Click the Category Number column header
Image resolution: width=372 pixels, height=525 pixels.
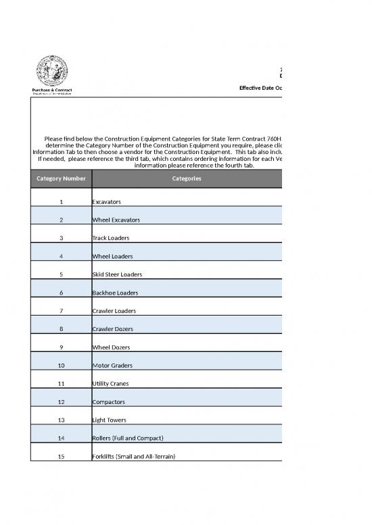pyautogui.click(x=61, y=178)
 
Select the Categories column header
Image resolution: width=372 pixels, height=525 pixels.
pyautogui.click(x=186, y=178)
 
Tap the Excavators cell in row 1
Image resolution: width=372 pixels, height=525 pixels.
pyautogui.click(x=106, y=202)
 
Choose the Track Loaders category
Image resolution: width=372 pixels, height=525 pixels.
pyautogui.click(x=110, y=239)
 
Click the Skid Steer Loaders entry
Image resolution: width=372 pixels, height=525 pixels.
pyautogui.click(x=117, y=275)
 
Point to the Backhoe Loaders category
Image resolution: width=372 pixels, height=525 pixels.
pyautogui.click(x=115, y=293)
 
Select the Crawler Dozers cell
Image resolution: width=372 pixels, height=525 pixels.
pyautogui.click(x=112, y=329)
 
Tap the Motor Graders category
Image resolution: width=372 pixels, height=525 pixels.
pyautogui.click(x=112, y=366)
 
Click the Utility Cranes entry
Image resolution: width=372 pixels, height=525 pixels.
pyautogui.click(x=110, y=384)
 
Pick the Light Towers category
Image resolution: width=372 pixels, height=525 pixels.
pyautogui.click(x=109, y=420)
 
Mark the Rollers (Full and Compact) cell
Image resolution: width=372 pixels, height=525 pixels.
pyautogui.click(x=128, y=439)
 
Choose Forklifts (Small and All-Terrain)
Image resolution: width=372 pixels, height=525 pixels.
pyautogui.click(x=133, y=457)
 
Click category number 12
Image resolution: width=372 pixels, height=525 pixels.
pyautogui.click(x=61, y=402)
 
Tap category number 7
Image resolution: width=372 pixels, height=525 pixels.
pyautogui.click(x=61, y=311)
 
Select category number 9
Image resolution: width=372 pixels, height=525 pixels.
pyautogui.click(x=61, y=347)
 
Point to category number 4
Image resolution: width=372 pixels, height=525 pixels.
pyautogui.click(x=61, y=257)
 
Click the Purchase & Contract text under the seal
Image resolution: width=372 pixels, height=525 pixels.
pyautogui.click(x=51, y=90)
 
